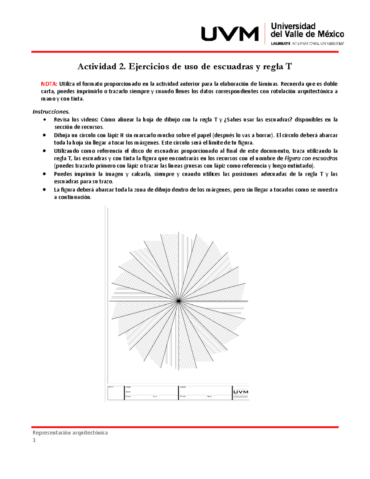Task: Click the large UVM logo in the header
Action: (x=230, y=34)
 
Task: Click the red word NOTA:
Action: (x=49, y=84)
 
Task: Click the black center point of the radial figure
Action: (x=179, y=301)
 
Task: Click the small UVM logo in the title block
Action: (x=240, y=392)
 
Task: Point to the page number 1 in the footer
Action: (x=34, y=440)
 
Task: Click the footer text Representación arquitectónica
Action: (x=70, y=432)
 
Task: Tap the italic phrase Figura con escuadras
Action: (x=311, y=158)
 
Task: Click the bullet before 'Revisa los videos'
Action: (x=45, y=119)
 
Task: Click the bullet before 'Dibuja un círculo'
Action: (x=45, y=135)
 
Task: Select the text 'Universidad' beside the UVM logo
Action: (x=293, y=26)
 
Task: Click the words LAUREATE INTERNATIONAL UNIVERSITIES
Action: (x=307, y=43)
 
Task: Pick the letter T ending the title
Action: (x=289, y=66)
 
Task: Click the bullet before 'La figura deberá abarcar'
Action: (x=45, y=190)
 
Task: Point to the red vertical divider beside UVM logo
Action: (x=265, y=33)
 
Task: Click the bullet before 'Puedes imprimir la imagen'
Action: (x=45, y=174)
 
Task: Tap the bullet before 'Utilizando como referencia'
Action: (x=45, y=151)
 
